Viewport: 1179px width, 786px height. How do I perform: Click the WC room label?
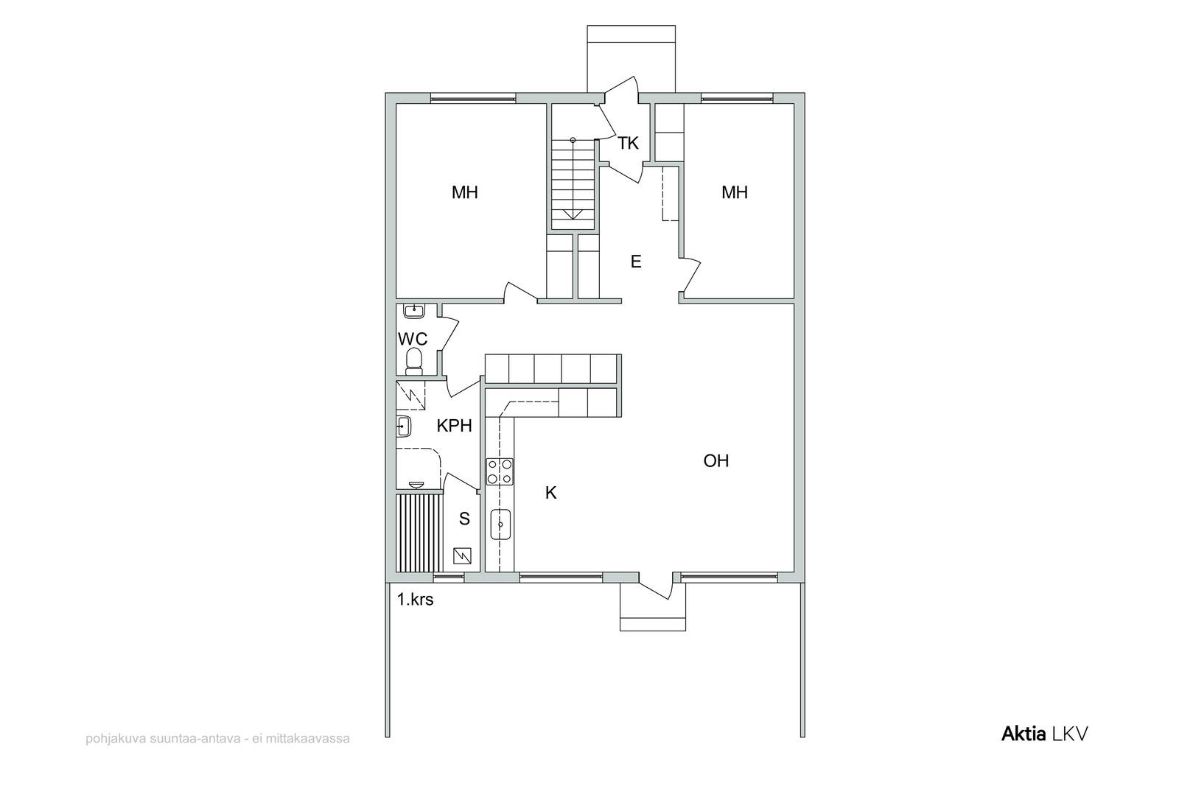tap(413, 339)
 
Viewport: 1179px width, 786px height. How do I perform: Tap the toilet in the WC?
tap(414, 362)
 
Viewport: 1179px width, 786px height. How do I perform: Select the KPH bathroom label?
tap(454, 426)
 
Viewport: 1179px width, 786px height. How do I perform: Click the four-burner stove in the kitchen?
tap(500, 471)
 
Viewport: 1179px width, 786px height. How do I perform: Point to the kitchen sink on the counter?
tap(500, 524)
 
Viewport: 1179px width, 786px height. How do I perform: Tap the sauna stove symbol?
tap(462, 556)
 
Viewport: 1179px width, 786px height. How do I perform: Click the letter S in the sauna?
tap(464, 519)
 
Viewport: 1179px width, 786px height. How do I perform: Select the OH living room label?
tap(716, 461)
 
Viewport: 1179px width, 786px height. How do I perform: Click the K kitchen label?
tap(550, 493)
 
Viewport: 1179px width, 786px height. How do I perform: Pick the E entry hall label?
tap(636, 262)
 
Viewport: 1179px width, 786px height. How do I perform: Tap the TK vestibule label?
tap(628, 143)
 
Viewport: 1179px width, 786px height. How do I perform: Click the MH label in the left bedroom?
tap(465, 192)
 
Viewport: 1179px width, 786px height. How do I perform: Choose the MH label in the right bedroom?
tap(735, 192)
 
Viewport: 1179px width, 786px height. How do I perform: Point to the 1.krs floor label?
tap(416, 599)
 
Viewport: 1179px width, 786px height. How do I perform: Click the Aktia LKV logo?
tap(1044, 734)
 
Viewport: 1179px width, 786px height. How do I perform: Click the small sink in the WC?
tap(414, 310)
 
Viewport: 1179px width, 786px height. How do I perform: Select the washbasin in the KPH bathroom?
tap(403, 426)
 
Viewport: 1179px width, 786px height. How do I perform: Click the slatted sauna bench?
tap(419, 533)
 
